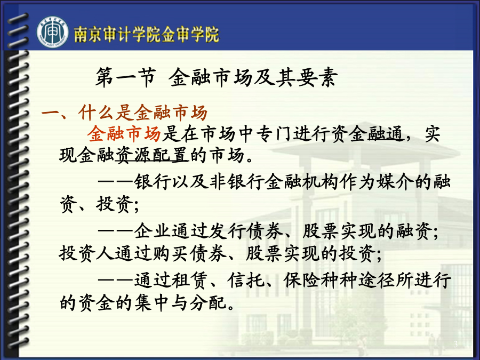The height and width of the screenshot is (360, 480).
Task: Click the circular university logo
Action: pyautogui.click(x=53, y=33)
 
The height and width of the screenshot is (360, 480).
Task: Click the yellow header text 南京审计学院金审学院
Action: pyautogui.click(x=147, y=34)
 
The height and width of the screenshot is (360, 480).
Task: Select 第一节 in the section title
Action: pyautogui.click(x=125, y=77)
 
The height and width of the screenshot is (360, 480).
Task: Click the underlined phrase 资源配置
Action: pyautogui.click(x=152, y=155)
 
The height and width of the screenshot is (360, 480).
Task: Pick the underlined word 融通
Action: pyautogui.click(x=386, y=134)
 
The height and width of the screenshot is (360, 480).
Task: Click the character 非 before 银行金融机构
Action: pyautogui.click(x=218, y=181)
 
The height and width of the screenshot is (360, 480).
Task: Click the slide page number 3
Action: pyautogui.click(x=455, y=344)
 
